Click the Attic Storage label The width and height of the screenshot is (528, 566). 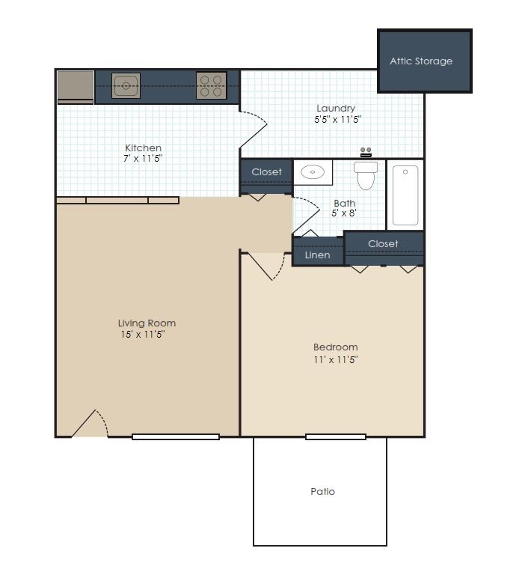tap(421, 61)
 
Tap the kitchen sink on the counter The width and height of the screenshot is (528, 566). tap(127, 86)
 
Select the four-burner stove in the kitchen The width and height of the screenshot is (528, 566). tap(211, 85)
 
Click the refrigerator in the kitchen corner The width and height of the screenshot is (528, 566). tap(75, 86)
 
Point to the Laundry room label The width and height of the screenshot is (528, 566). tap(335, 109)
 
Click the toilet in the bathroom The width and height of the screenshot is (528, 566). tap(366, 175)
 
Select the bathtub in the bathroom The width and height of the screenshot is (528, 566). tap(405, 195)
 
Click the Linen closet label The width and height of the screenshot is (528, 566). tap(317, 255)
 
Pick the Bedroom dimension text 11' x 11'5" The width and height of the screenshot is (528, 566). tap(335, 359)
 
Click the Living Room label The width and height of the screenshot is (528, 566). tap(147, 323)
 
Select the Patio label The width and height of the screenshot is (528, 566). tap(322, 492)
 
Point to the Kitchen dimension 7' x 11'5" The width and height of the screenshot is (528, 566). tap(143, 159)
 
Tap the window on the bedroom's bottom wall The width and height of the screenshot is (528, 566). tap(335, 436)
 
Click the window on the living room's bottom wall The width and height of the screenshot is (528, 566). tap(176, 436)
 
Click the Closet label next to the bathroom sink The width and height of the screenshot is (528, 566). tap(266, 172)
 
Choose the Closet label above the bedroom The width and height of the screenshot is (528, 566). tap(383, 244)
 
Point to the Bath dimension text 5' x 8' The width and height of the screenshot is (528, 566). tap(344, 213)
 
